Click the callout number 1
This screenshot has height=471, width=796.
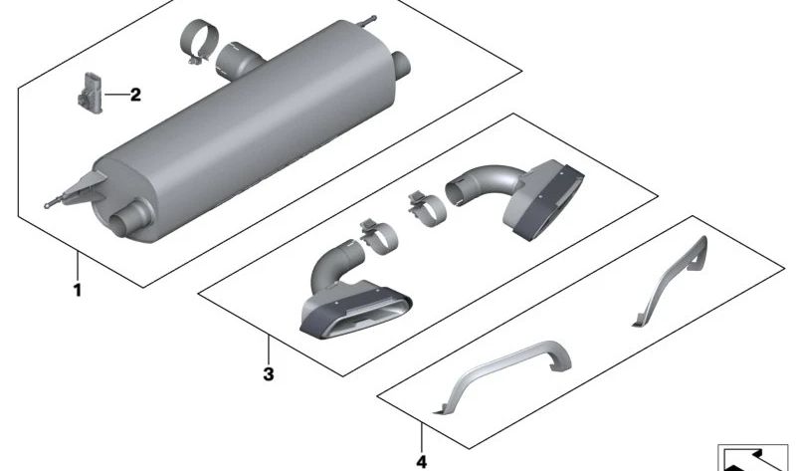[78, 291]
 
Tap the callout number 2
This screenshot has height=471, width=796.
[135, 95]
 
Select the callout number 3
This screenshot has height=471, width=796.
[269, 374]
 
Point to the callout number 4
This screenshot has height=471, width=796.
[421, 462]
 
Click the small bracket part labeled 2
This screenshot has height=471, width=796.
[90, 93]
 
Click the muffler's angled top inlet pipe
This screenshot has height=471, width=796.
[238, 61]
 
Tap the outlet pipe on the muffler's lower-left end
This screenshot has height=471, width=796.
[129, 218]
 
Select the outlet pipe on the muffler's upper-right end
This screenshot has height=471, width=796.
[401, 65]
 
